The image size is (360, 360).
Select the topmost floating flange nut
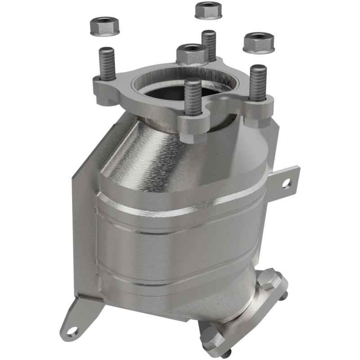point(208,10)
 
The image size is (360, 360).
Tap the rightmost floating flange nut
point(258,42)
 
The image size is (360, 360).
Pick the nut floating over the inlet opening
point(192,54)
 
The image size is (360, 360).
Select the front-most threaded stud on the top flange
point(193,99)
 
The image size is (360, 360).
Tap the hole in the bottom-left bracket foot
point(72,332)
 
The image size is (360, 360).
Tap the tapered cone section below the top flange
point(180,153)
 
